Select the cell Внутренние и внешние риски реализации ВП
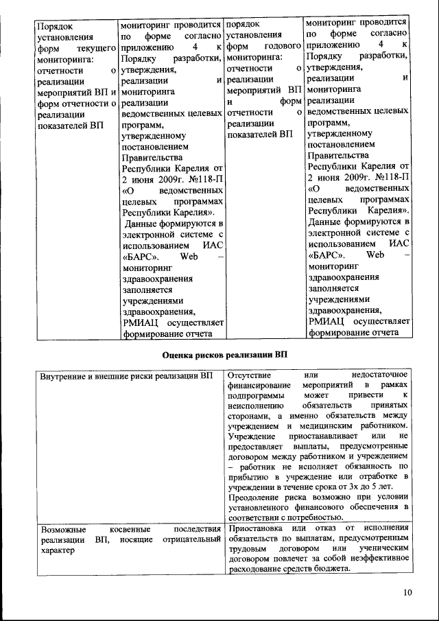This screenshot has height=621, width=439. [126, 377]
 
